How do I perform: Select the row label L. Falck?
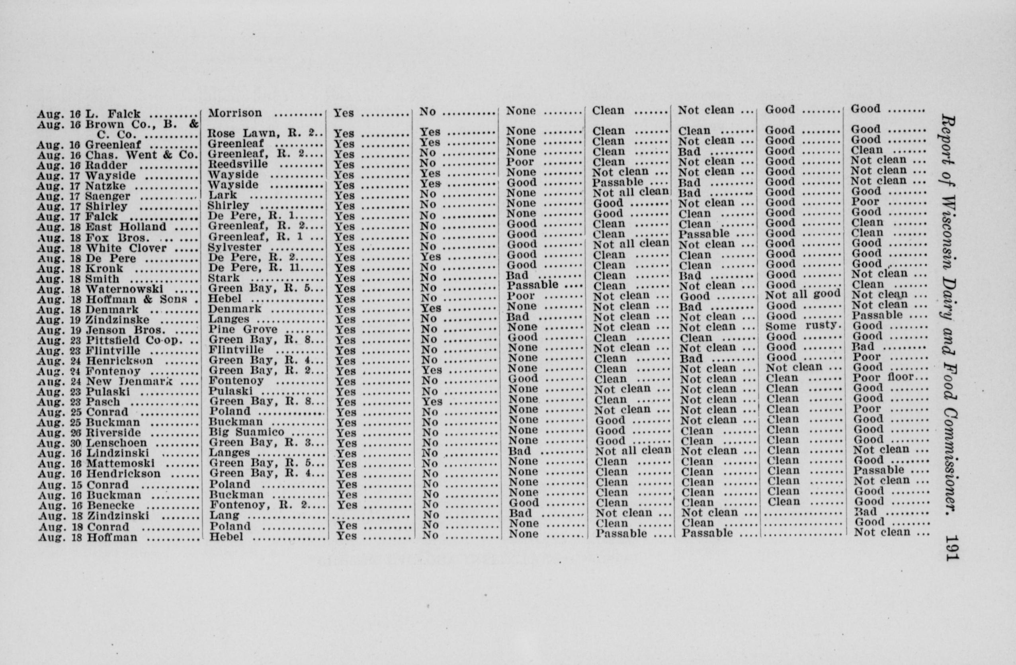(x=113, y=114)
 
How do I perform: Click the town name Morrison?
(x=235, y=113)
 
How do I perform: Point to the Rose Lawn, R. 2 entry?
(x=264, y=133)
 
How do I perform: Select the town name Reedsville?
(x=238, y=164)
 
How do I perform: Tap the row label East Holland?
(x=126, y=227)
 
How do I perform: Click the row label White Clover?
(x=126, y=248)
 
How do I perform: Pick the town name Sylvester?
(x=234, y=247)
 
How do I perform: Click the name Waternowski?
(x=125, y=289)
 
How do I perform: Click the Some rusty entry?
(x=803, y=325)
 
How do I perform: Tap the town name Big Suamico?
(x=246, y=432)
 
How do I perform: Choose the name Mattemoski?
(x=121, y=464)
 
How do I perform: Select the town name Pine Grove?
(x=243, y=329)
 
